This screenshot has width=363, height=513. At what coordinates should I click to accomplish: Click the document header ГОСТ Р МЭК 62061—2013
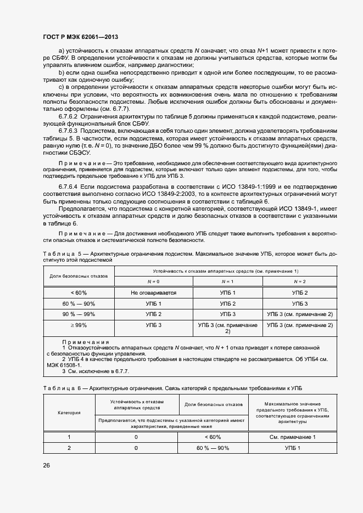pyautogui.click(x=81, y=36)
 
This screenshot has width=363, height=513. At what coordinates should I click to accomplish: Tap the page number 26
pyautogui.click(x=47, y=465)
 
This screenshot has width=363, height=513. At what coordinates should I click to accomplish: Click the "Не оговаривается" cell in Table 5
pyautogui.click(x=154, y=293)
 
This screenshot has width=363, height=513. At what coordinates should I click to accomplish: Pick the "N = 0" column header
pyautogui.click(x=154, y=281)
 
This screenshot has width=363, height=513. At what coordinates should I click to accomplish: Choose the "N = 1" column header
pyautogui.click(x=227, y=281)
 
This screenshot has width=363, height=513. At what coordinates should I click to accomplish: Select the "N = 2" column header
pyautogui.click(x=299, y=281)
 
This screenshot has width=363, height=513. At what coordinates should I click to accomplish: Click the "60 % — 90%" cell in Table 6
pyautogui.click(x=213, y=448)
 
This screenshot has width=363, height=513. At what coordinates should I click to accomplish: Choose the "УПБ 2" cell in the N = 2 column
pyautogui.click(x=299, y=293)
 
